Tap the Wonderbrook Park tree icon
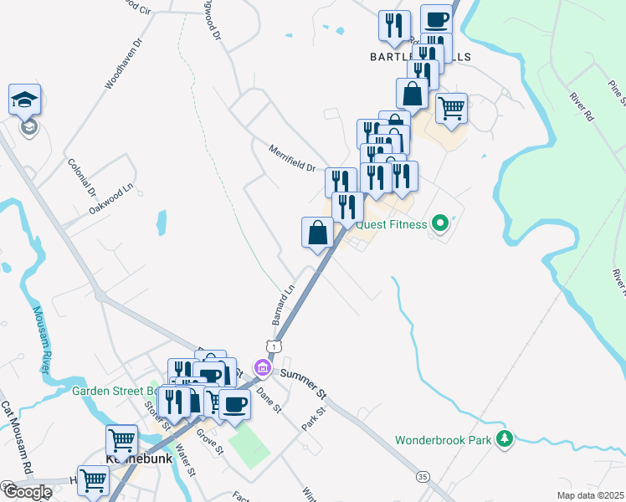tap(504, 439)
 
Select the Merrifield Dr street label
tap(292, 158)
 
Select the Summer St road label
tap(303, 382)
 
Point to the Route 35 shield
tap(423, 475)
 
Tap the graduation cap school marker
tap(24, 100)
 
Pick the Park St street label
tap(311, 419)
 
